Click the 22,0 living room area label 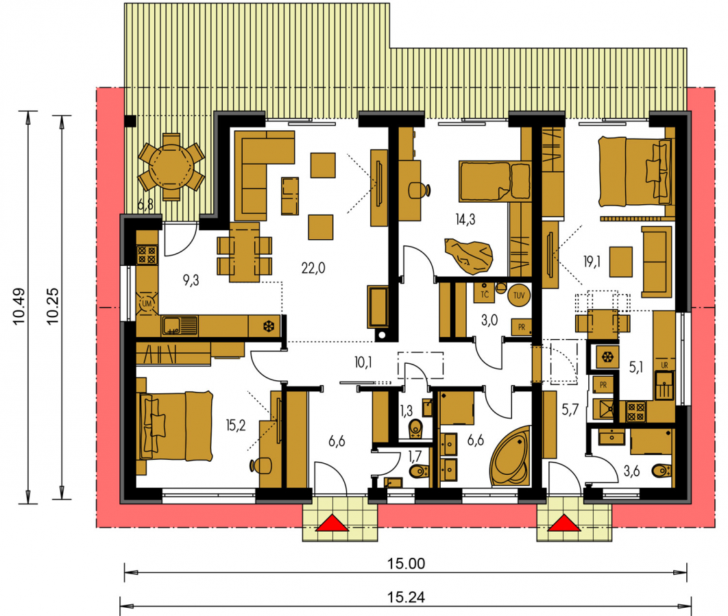(313, 268)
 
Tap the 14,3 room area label (465, 219)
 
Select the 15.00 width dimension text (407, 563)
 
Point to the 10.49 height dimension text (19, 306)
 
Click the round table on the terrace (171, 167)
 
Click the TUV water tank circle (519, 295)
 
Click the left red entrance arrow (332, 523)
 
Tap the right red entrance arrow (564, 523)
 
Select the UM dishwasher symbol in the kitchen (147, 304)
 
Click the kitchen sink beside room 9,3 (180, 325)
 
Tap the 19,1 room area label (592, 262)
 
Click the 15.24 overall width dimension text (407, 597)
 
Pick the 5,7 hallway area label (570, 409)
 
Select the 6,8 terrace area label (145, 205)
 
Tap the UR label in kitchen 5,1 (664, 365)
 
